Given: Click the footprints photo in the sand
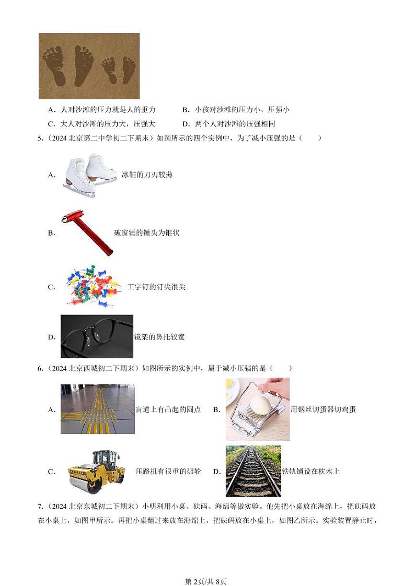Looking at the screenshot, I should point(89,66).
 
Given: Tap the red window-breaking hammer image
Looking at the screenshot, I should point(86,233).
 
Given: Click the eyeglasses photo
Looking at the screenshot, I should point(97,336).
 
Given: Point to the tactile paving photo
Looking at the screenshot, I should point(98,409).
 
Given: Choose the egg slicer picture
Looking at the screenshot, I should point(257,409).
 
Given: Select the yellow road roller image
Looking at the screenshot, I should point(97,471).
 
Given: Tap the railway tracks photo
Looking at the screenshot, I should point(253,471).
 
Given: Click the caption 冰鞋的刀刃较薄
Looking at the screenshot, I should point(147,174).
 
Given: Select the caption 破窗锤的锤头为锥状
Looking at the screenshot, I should point(146,233).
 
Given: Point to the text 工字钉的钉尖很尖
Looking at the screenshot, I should point(156,287).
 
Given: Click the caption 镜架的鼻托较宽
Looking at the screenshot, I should point(159,337).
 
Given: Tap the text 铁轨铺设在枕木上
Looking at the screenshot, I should point(311,471).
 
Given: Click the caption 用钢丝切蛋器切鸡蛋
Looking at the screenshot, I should point(323,409).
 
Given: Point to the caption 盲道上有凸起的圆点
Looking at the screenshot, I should point(168,409).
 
